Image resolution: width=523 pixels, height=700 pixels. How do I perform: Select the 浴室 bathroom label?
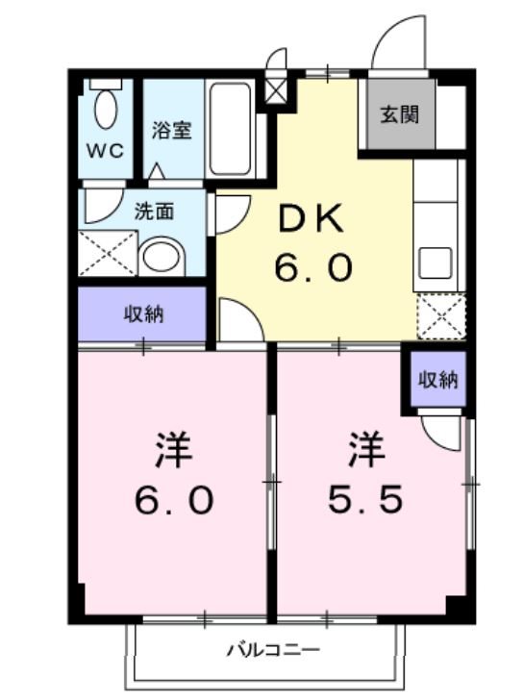point(172,131)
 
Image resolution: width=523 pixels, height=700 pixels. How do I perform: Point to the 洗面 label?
point(154,211)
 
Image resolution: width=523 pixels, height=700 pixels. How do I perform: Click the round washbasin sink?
point(161,257)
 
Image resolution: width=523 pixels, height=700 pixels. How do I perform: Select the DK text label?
point(311,219)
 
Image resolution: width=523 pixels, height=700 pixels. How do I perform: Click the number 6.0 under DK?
point(312,268)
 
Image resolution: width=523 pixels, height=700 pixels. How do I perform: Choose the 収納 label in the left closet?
point(141,314)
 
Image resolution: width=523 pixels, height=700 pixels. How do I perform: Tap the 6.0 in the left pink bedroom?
point(173,499)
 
